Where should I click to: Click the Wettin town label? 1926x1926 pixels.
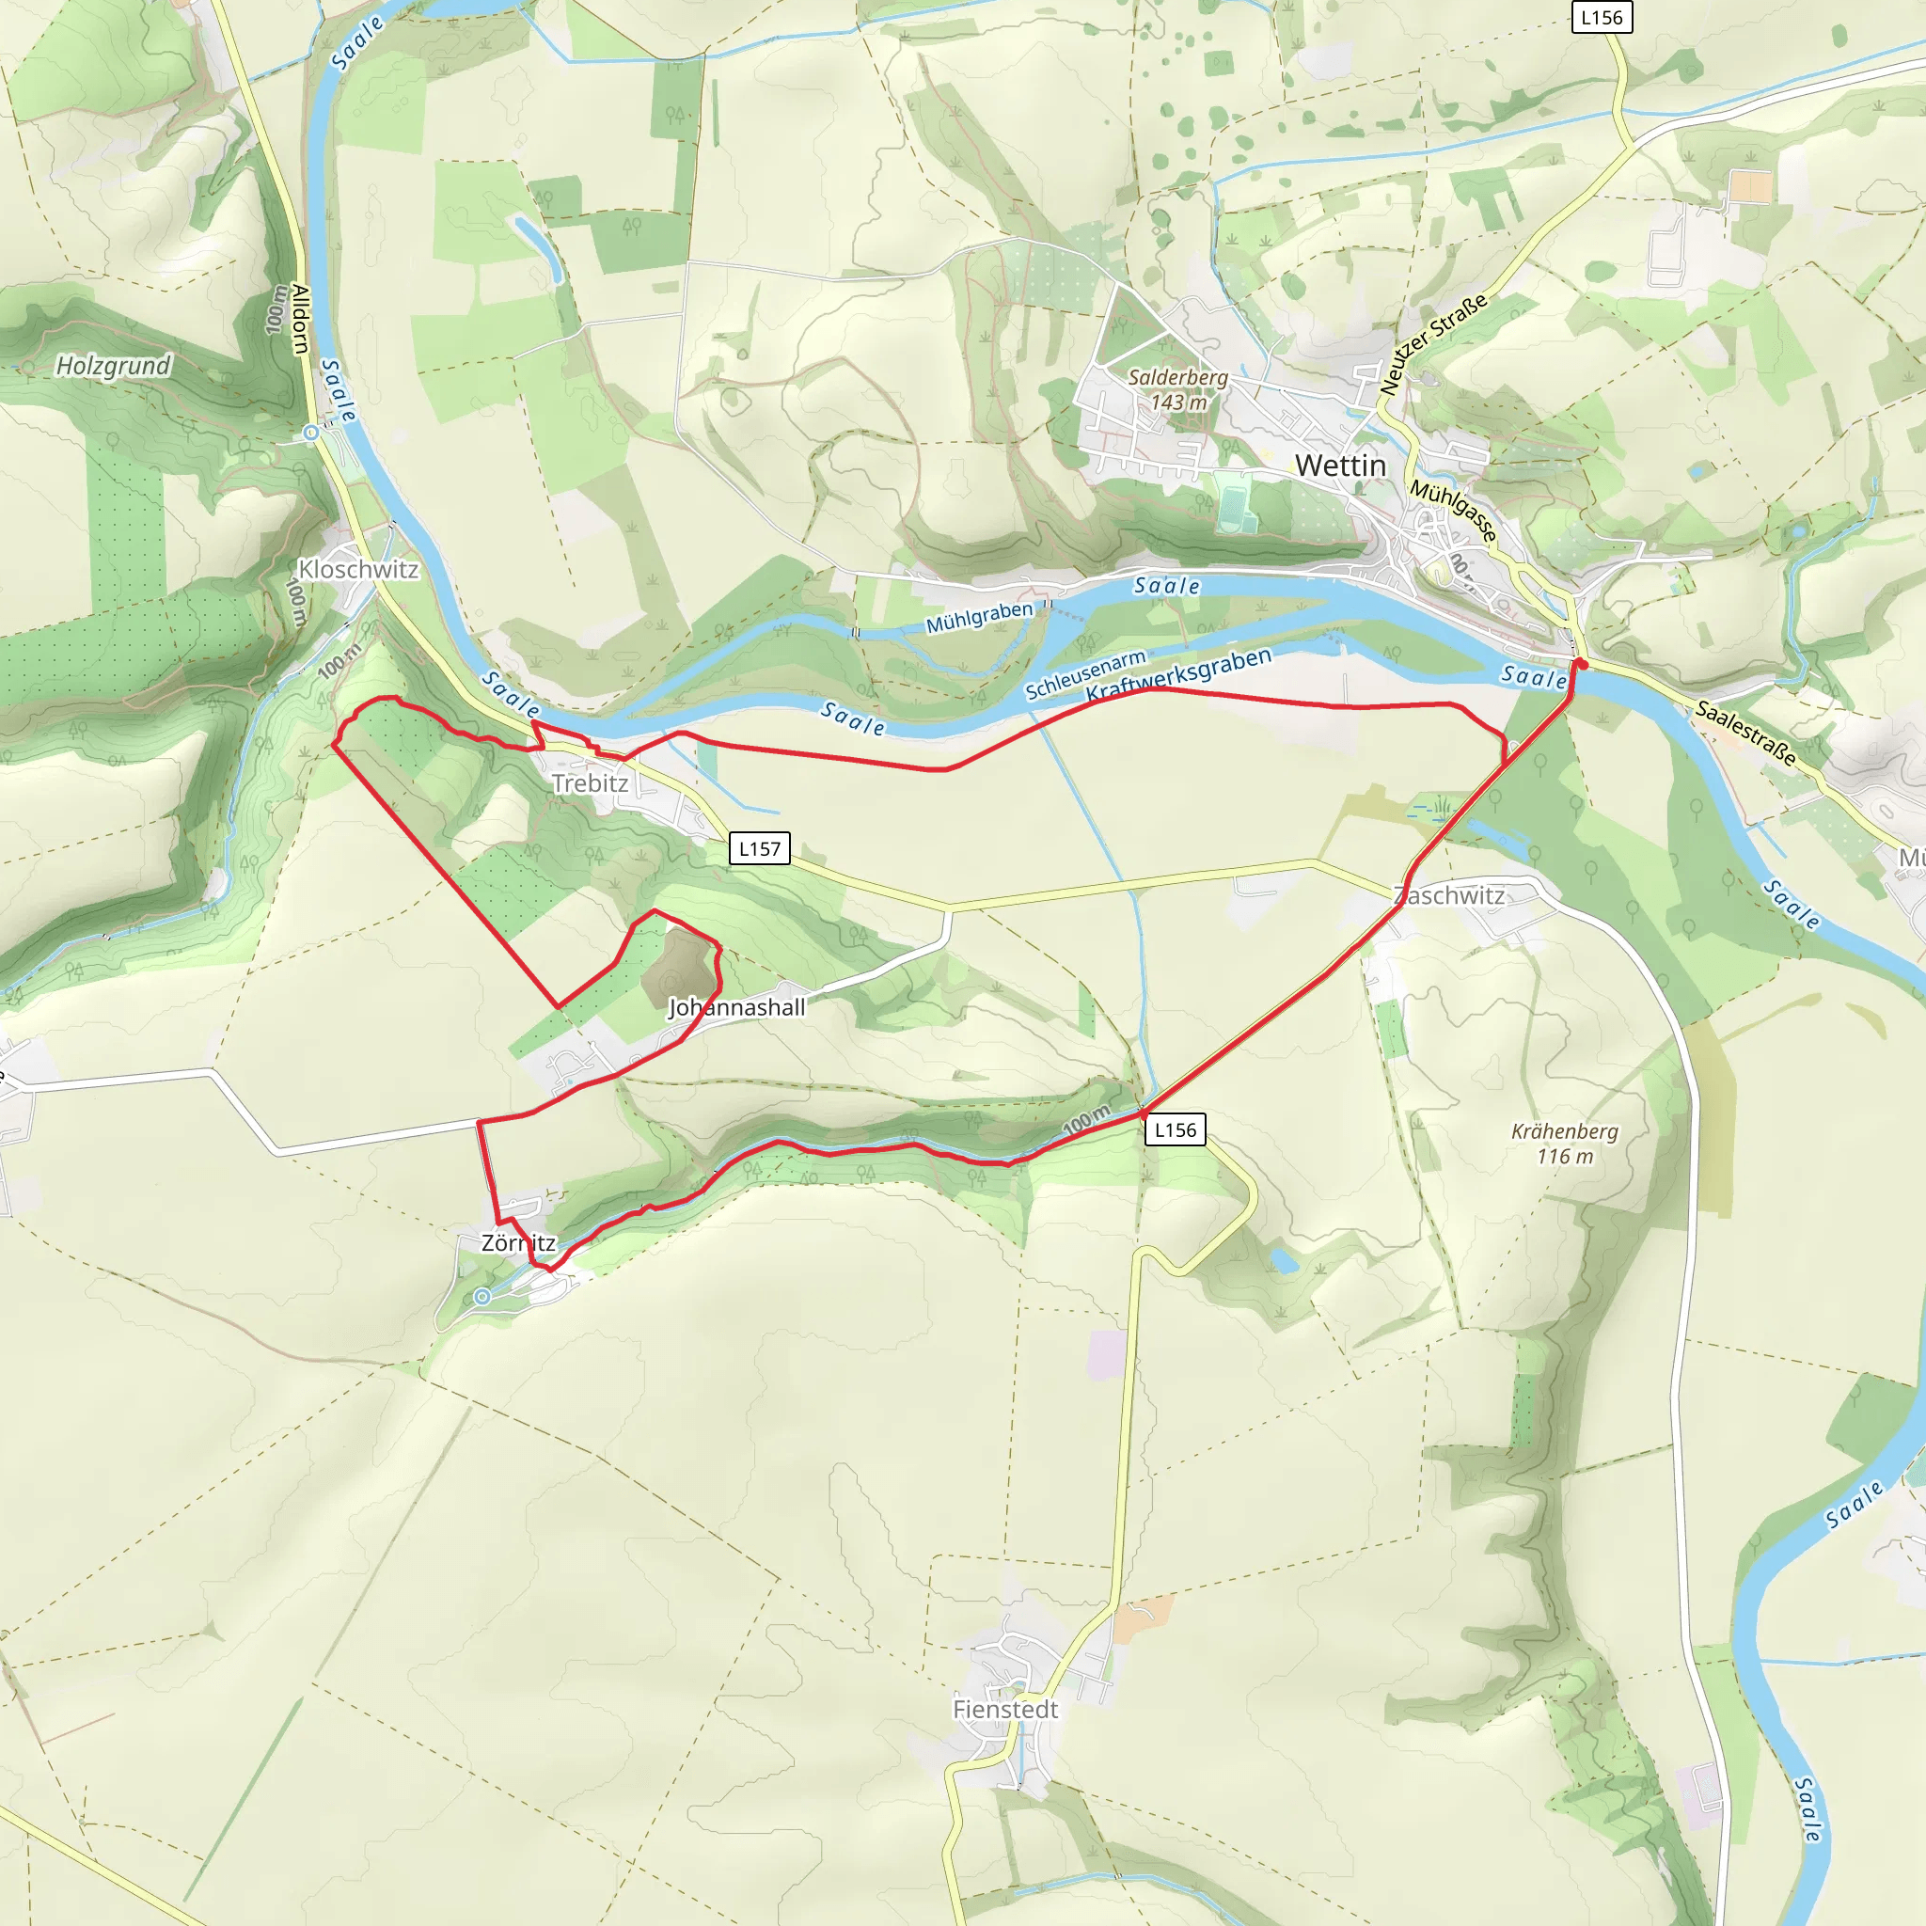click(x=1340, y=466)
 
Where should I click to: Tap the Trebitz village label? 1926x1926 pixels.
click(x=591, y=783)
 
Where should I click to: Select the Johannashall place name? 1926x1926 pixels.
click(x=735, y=1008)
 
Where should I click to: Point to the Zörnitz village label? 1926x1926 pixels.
click(x=518, y=1243)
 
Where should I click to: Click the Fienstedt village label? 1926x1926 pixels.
click(x=1005, y=1709)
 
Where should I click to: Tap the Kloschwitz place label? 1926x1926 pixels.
click(x=358, y=569)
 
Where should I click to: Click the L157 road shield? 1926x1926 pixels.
click(x=760, y=848)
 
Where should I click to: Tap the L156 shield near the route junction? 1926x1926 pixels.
click(x=1176, y=1129)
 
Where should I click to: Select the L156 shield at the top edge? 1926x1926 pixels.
click(x=1601, y=17)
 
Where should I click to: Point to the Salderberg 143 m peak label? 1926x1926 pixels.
click(x=1178, y=389)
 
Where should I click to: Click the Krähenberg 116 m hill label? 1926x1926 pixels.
click(x=1564, y=1144)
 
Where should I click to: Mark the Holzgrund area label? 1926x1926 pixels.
click(x=113, y=366)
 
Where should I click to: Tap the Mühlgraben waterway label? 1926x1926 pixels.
click(x=979, y=617)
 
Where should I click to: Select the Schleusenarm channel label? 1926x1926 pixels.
click(x=1084, y=676)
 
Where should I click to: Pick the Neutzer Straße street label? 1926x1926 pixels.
click(x=1433, y=345)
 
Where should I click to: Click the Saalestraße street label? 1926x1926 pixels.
click(x=1745, y=734)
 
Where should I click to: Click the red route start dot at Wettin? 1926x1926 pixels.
click(x=1580, y=663)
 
